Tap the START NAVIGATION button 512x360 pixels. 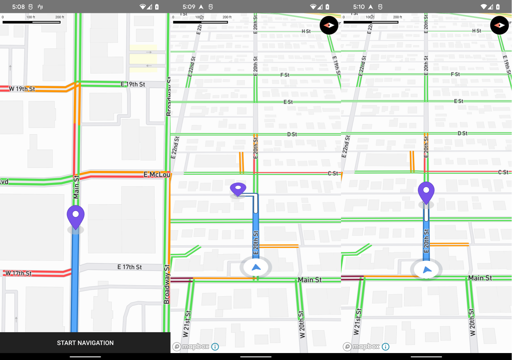[85, 343]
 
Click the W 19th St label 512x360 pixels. [22, 89]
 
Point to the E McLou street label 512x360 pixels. [157, 175]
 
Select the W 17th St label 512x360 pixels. [18, 273]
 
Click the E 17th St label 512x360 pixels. [130, 267]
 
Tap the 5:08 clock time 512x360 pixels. [18, 7]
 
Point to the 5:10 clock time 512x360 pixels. [359, 7]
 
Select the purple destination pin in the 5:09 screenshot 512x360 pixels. [238, 189]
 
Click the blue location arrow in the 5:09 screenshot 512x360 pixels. [256, 268]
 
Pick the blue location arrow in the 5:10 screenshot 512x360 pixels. [427, 269]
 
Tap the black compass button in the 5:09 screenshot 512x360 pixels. [329, 25]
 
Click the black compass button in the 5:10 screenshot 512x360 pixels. [499, 25]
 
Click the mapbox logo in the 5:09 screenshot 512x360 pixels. [191, 346]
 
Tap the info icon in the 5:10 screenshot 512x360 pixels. [386, 347]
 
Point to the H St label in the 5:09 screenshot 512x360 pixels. [306, 31]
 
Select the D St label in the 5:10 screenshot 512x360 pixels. [462, 133]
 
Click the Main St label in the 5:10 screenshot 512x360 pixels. [480, 278]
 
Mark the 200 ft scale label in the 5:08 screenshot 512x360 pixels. [60, 17]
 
